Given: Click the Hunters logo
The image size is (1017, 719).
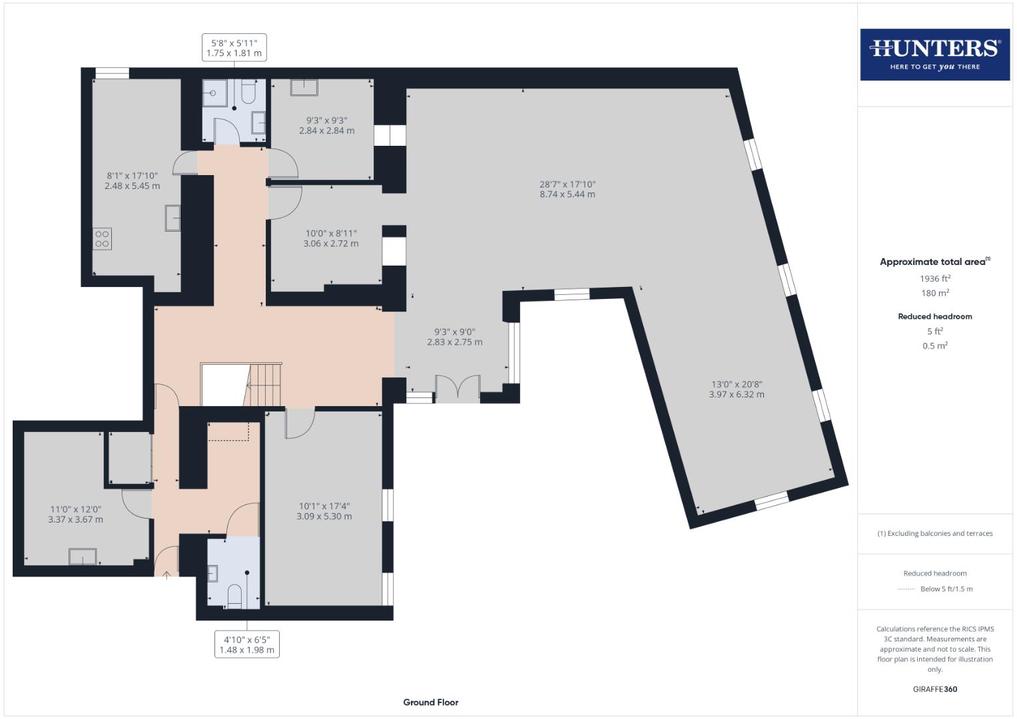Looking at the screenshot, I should click(x=934, y=54).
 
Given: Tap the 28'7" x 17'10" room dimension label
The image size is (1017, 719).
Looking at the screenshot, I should click(x=567, y=189).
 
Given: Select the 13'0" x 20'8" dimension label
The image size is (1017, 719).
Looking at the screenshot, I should click(x=736, y=389).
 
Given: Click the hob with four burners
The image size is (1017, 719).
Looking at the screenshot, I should click(x=102, y=238).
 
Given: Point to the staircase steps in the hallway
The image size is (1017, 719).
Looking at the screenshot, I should click(x=265, y=385).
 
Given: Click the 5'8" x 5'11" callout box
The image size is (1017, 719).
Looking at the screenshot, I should click(x=234, y=48).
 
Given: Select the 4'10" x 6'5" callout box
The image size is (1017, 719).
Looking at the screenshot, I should click(x=246, y=644).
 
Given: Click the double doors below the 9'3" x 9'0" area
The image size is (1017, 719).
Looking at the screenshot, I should click(x=458, y=389).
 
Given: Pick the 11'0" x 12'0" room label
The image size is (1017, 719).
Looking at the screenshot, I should click(x=75, y=514).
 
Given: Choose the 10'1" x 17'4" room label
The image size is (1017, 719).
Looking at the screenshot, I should click(x=324, y=511).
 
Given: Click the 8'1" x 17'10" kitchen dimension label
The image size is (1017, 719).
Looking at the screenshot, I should click(x=132, y=180).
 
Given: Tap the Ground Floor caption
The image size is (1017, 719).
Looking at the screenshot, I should click(x=430, y=702).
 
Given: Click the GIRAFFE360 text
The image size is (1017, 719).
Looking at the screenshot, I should click(x=934, y=689).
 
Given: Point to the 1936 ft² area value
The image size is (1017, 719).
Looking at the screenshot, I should click(x=934, y=278).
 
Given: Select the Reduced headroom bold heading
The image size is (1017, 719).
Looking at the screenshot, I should click(x=934, y=316).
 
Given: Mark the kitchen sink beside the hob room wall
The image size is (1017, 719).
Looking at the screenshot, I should click(x=172, y=218).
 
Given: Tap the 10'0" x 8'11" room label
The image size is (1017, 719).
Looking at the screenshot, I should click(x=330, y=238).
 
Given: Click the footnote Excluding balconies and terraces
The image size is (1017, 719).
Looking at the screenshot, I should click(x=934, y=533).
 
